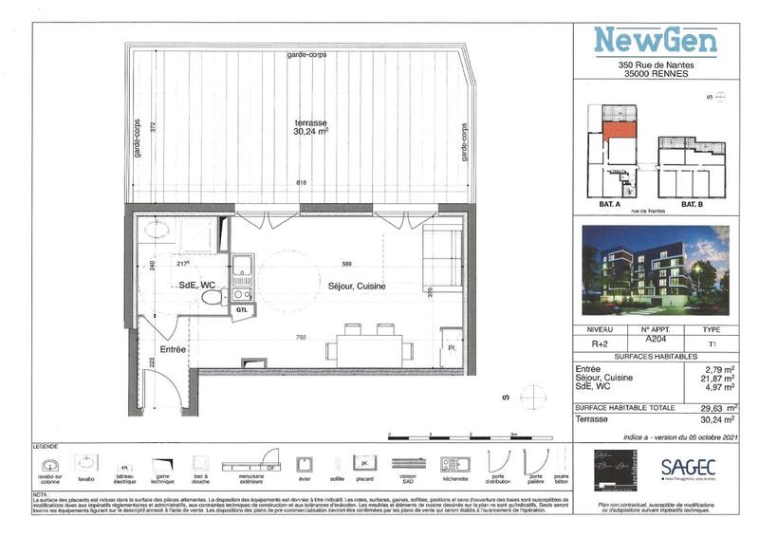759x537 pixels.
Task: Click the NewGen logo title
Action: tap(655, 40)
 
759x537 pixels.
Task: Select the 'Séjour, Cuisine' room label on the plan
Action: tap(357, 287)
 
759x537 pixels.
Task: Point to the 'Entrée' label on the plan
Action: tap(172, 350)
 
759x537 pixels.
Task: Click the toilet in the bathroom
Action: tap(212, 297)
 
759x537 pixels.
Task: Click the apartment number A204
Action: tap(656, 338)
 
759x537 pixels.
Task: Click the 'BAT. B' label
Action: tap(693, 204)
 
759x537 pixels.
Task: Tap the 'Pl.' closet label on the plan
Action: tap(452, 349)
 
